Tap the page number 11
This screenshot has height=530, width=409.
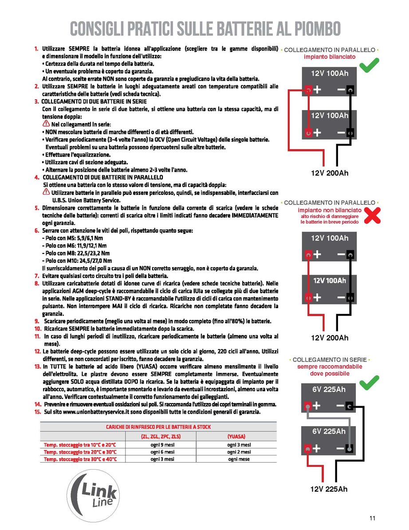point(372,518)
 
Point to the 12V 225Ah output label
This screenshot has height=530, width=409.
point(329,489)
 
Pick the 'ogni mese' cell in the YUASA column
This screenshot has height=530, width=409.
point(239,459)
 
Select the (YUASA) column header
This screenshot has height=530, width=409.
point(236,436)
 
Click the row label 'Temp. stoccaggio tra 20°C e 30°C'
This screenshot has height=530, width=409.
point(80,452)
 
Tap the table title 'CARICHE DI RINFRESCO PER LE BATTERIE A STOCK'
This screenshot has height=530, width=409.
point(158,427)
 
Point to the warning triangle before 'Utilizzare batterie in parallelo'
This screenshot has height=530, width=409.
point(46,192)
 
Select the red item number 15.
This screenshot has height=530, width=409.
point(38,412)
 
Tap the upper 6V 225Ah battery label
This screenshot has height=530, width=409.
point(329,389)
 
